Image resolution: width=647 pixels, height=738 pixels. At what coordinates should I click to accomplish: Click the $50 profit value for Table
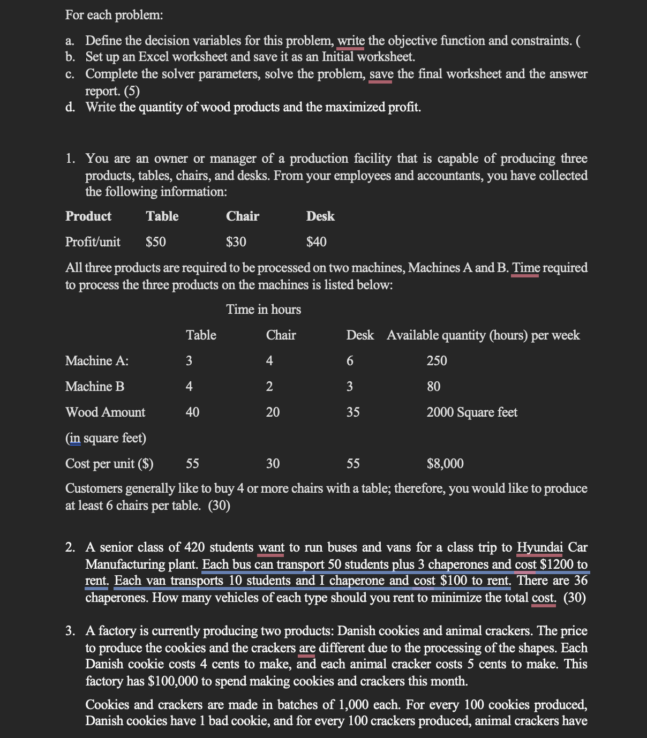click(x=156, y=242)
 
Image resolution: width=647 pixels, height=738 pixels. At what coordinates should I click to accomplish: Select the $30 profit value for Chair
click(x=236, y=242)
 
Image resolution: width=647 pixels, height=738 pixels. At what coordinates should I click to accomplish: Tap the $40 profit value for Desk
click(x=316, y=242)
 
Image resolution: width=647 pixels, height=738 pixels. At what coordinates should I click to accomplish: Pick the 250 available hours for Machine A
click(x=437, y=361)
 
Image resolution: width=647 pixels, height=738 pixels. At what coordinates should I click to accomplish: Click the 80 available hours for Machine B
click(x=433, y=387)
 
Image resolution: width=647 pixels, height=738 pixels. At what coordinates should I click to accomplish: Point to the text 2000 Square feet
click(x=472, y=412)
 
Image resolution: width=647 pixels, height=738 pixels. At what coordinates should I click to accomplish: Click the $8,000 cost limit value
click(x=445, y=464)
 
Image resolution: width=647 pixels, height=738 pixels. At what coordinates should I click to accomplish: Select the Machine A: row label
click(x=97, y=361)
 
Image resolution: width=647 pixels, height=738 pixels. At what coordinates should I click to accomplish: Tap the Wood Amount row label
click(x=105, y=412)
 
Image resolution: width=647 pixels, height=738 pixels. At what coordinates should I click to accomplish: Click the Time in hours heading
click(x=264, y=310)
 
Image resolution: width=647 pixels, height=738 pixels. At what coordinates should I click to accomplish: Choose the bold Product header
click(x=88, y=216)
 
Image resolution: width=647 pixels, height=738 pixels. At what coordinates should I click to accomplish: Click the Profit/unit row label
click(x=93, y=242)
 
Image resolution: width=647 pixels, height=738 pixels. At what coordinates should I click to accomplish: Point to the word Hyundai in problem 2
click(x=539, y=547)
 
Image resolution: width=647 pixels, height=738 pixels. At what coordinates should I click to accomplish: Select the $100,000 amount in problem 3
click(x=172, y=681)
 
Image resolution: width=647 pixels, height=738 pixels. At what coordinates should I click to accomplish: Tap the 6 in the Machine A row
click(x=350, y=361)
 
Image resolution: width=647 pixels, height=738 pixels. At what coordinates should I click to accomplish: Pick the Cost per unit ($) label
click(x=109, y=464)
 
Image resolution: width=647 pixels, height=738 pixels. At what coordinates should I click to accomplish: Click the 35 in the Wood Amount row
click(x=353, y=412)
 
